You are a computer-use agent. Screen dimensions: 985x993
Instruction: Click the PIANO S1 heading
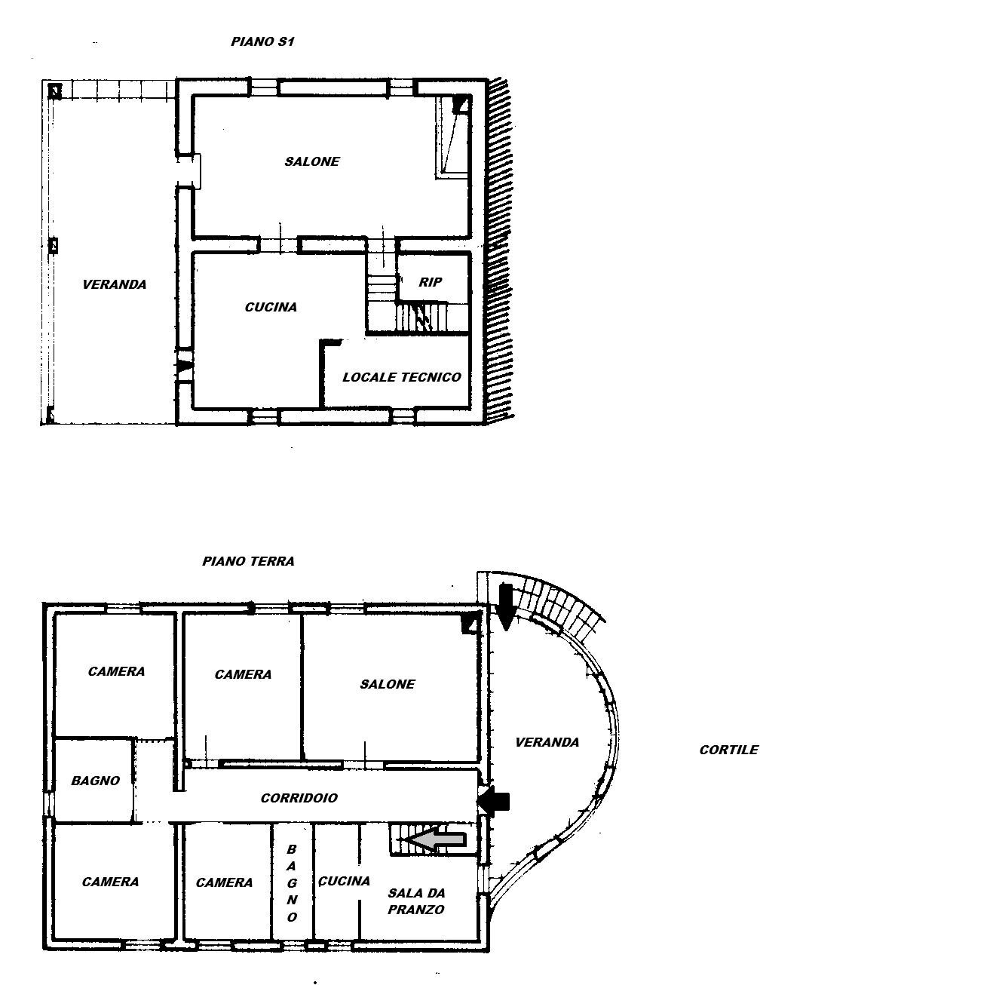[x=262, y=42]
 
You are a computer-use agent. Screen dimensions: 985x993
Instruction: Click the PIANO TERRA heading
[x=248, y=561]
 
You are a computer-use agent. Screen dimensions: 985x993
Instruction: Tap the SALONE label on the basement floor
[x=311, y=161]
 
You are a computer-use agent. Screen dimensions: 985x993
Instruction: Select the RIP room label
[x=431, y=282]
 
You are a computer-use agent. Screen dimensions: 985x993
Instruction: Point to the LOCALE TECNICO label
[x=401, y=377]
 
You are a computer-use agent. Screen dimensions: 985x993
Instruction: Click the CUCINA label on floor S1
[x=271, y=307]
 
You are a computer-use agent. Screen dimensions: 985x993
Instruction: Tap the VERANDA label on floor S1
[x=114, y=284]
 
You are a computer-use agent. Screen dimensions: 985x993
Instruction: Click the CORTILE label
[x=728, y=750]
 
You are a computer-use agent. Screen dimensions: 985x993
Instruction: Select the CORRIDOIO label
[x=299, y=798]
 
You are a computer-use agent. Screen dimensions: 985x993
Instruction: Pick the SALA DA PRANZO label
[x=415, y=901]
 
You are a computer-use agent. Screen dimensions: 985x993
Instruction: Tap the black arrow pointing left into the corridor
[x=493, y=802]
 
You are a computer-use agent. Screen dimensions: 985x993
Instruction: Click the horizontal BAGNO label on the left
[x=95, y=781]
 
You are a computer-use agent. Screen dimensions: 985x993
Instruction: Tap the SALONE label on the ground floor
[x=387, y=684]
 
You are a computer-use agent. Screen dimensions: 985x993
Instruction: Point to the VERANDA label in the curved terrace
[x=547, y=742]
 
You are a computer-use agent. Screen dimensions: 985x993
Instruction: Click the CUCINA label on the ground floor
[x=344, y=881]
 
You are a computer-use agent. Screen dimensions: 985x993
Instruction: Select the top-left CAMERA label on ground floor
[x=116, y=671]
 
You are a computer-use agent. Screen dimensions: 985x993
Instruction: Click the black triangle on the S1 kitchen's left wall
[x=185, y=366]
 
